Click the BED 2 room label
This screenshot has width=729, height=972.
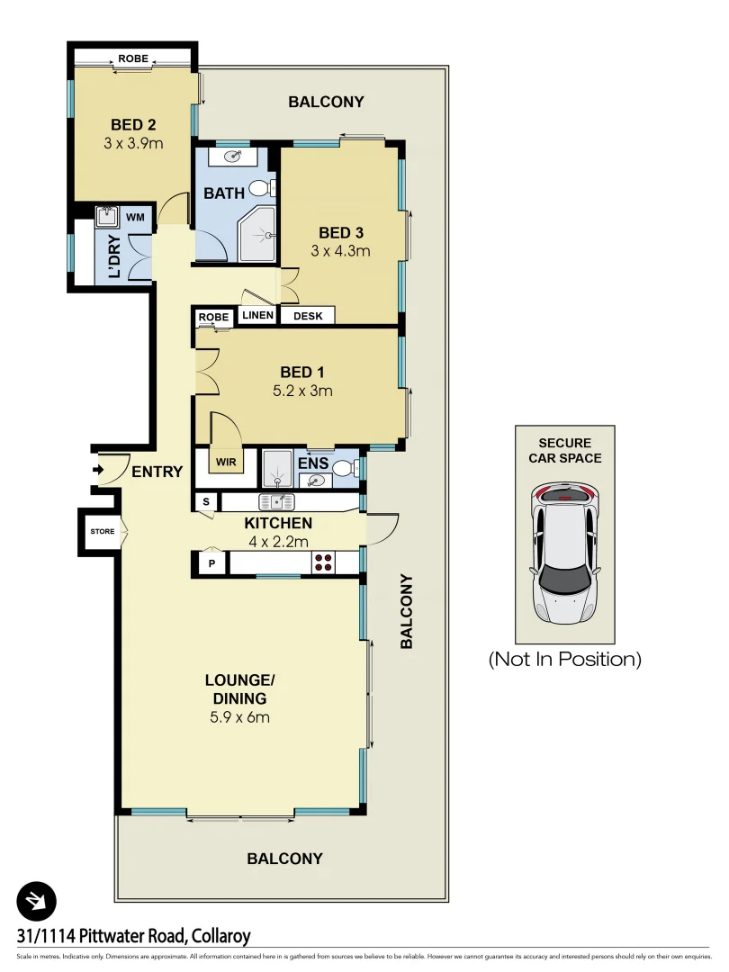pyautogui.click(x=133, y=124)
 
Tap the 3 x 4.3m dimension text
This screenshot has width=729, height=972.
pyautogui.click(x=339, y=251)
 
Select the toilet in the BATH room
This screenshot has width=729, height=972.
pyautogui.click(x=260, y=188)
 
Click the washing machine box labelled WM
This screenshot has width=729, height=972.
pyautogui.click(x=134, y=217)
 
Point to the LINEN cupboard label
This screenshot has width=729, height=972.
pyautogui.click(x=256, y=316)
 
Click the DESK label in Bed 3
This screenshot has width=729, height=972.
pyautogui.click(x=307, y=316)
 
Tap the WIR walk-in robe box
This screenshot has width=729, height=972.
pyautogui.click(x=223, y=462)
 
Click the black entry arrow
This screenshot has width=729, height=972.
pyautogui.click(x=97, y=469)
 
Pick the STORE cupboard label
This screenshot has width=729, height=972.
pyautogui.click(x=102, y=531)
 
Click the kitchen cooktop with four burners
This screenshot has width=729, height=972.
pyautogui.click(x=323, y=562)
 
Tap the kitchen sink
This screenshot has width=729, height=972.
pyautogui.click(x=276, y=501)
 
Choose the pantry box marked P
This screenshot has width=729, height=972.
pyautogui.click(x=211, y=562)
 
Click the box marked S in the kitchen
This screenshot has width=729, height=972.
pyautogui.click(x=206, y=501)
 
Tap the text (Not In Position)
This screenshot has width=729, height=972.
pyautogui.click(x=564, y=659)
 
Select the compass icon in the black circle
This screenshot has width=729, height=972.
pyautogui.click(x=37, y=900)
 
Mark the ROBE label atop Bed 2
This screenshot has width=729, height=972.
pyautogui.click(x=133, y=60)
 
